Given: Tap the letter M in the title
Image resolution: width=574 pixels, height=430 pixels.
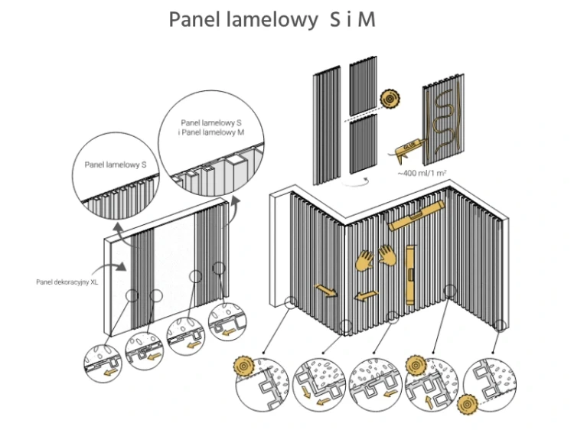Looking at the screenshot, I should [367, 19].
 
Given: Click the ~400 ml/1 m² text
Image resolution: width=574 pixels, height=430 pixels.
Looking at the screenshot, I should [422, 174].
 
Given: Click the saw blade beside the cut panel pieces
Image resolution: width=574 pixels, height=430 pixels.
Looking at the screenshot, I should [388, 99].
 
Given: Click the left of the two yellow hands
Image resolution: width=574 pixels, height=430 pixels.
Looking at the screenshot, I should [364, 259].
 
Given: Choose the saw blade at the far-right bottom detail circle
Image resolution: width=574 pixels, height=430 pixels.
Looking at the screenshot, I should [467, 402].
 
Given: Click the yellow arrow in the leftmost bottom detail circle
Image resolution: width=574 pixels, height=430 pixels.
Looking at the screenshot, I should [113, 373].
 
